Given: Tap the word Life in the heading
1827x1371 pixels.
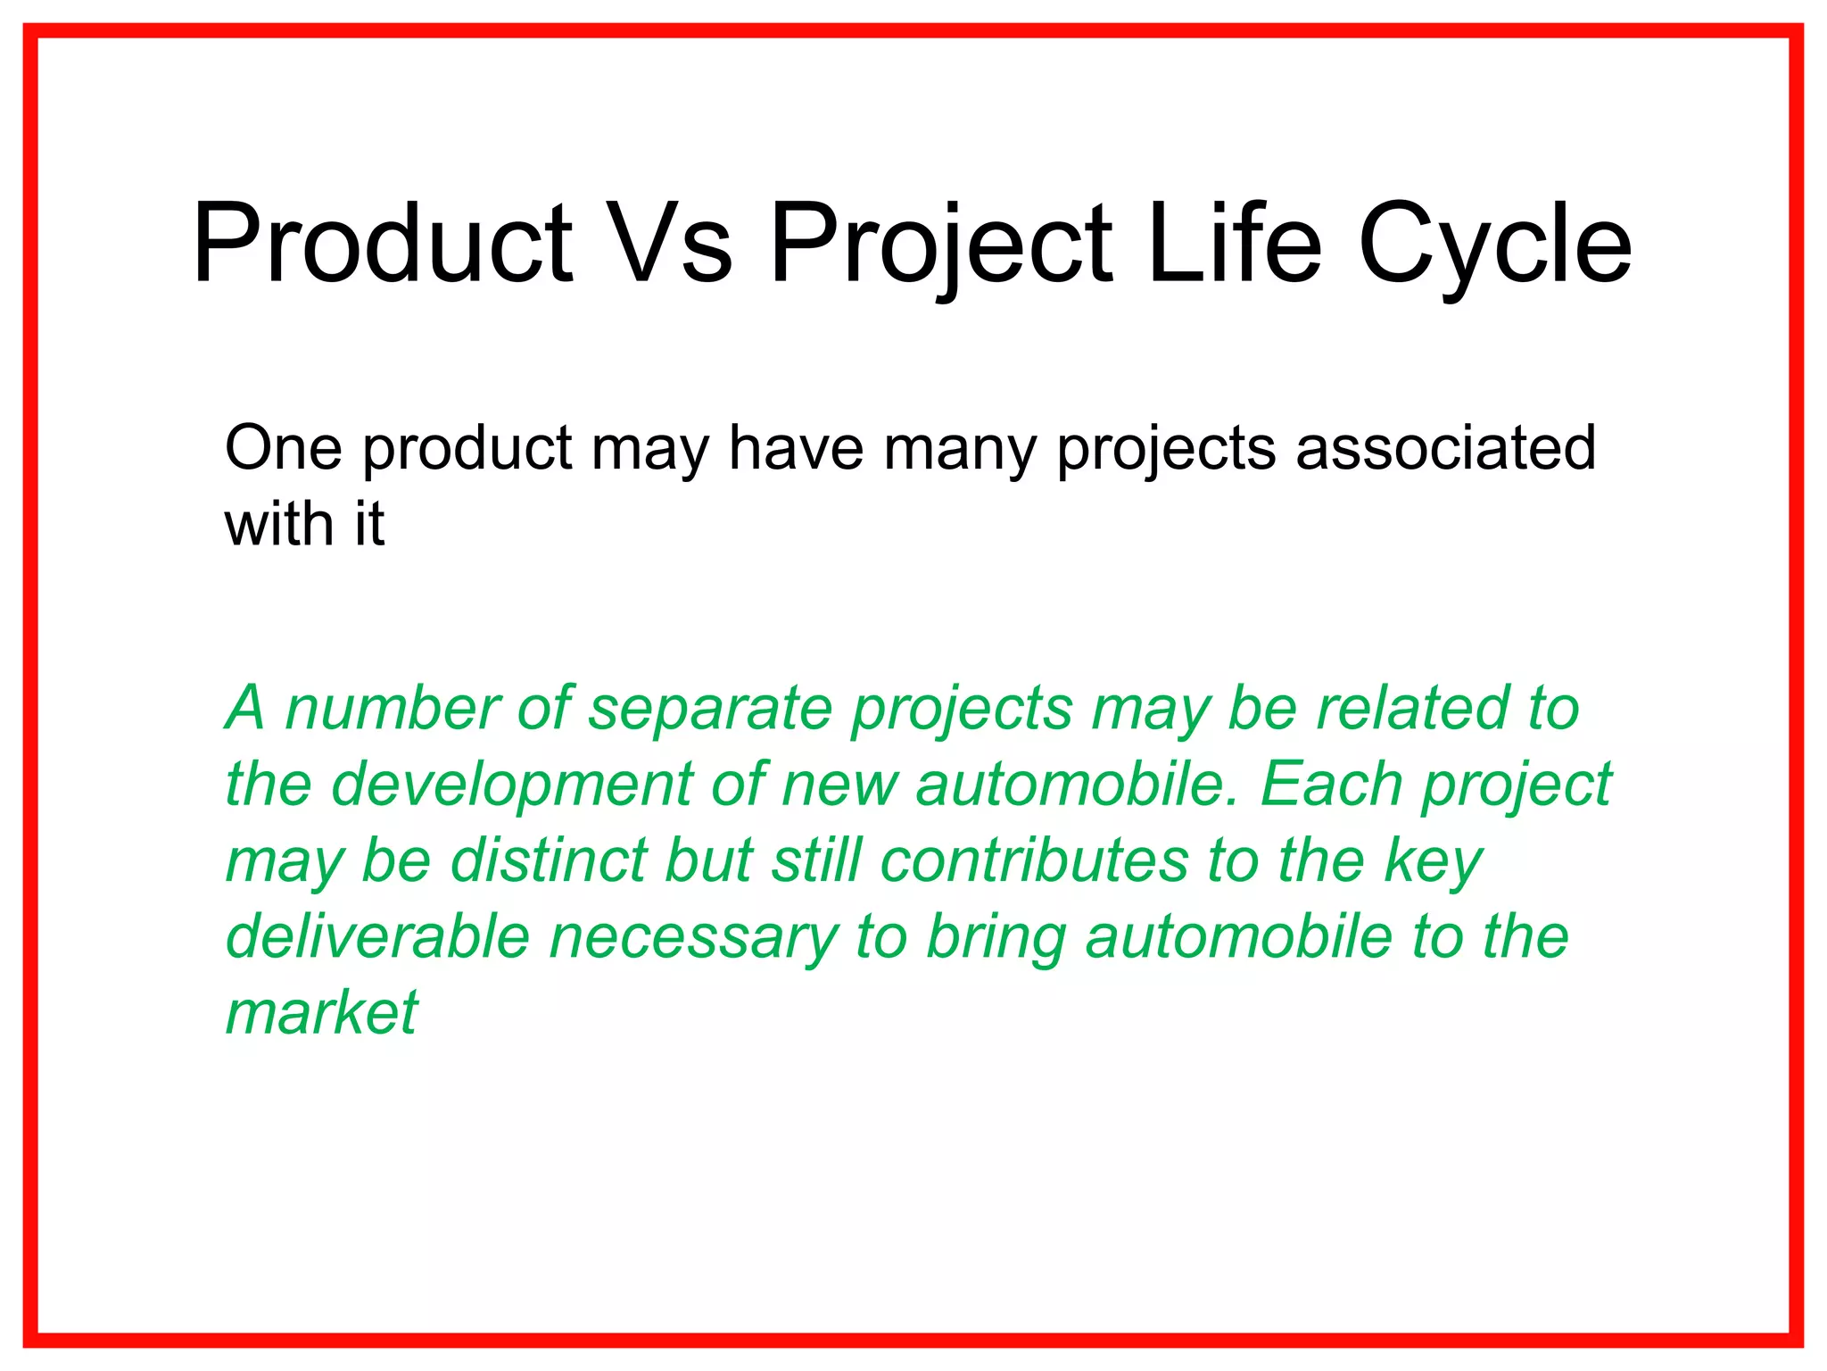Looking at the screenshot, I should click(x=1234, y=244).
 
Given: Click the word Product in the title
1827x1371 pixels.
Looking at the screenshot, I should click(x=382, y=244).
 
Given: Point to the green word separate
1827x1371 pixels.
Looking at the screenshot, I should click(x=709, y=708).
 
